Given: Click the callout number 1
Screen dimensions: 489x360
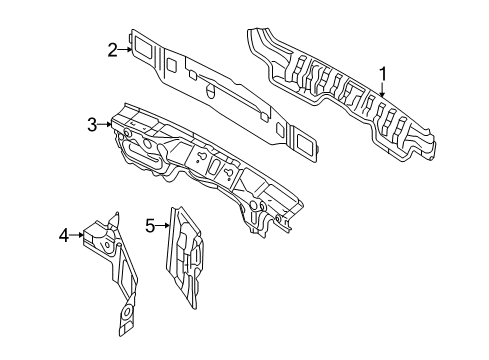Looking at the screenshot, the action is click(x=383, y=74).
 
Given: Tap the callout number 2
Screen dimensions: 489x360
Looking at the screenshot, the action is click(x=113, y=50).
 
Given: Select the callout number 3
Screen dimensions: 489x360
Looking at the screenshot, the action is click(x=92, y=125).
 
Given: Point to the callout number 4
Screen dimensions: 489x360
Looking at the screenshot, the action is click(x=64, y=235).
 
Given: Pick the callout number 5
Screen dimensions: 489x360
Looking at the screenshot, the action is click(x=150, y=226).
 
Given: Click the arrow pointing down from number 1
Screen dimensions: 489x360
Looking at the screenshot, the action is click(x=383, y=89).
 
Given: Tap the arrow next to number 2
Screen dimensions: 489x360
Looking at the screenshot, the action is click(x=125, y=50).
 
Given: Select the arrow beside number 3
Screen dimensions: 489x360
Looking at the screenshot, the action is click(x=105, y=125).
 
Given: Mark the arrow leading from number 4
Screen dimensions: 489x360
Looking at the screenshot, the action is click(x=77, y=235).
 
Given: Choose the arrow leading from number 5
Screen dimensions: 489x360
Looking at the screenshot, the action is click(x=163, y=226).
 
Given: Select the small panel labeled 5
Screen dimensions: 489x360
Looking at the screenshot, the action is click(x=184, y=257).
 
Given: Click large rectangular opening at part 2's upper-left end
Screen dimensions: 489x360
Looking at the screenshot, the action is click(x=143, y=46).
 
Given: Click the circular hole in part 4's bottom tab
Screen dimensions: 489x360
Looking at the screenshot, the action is click(x=126, y=313).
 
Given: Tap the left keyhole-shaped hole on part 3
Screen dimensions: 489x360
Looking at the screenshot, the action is click(x=201, y=156).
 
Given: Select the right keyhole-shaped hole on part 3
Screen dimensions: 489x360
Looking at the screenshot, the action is click(x=229, y=173).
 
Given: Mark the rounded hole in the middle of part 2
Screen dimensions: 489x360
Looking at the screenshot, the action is click(x=210, y=91).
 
